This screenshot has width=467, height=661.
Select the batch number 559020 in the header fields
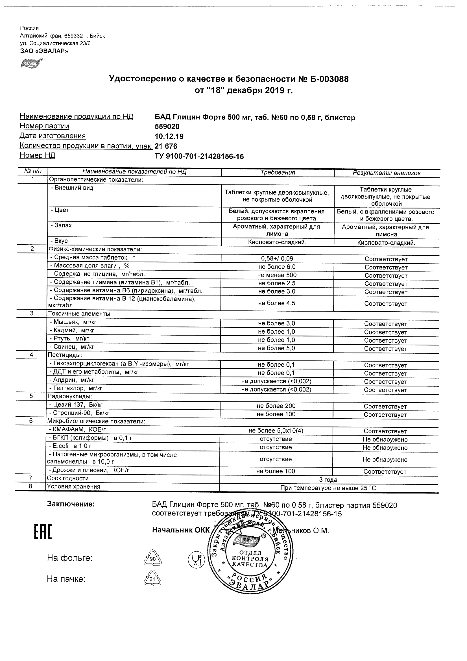coord(167,127)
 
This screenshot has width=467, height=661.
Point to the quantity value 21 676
coord(166,146)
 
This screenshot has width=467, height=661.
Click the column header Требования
coord(278,172)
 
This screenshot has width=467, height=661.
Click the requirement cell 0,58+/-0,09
coord(277,258)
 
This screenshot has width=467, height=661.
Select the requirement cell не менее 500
coord(277,275)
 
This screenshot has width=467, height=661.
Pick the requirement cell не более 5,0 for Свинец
coord(276,348)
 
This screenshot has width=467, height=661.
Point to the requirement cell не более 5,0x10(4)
coord(276,431)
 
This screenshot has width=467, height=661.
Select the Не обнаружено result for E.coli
coord(385,448)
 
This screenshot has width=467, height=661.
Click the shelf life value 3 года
coord(328,480)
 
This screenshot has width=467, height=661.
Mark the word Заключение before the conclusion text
coord(71,504)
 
